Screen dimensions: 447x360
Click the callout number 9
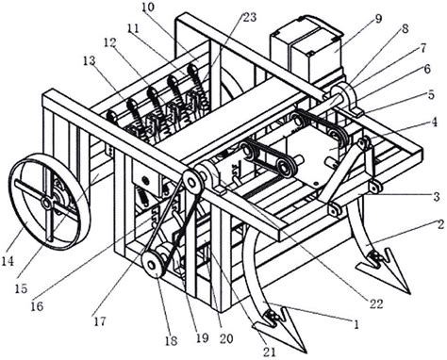[x=378, y=19]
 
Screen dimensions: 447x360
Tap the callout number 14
[x=8, y=261]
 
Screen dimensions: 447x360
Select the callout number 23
[x=249, y=17]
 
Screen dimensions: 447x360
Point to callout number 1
[x=356, y=324]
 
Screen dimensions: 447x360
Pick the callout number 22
[x=376, y=303]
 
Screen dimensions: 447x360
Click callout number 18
[x=172, y=341]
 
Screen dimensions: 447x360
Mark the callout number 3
[x=437, y=197]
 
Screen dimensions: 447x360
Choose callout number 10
[x=146, y=8]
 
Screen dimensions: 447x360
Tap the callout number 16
[x=38, y=306]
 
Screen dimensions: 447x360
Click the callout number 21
[x=270, y=352]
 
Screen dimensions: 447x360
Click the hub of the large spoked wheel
[x=47, y=204]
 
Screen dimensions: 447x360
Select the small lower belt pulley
[x=152, y=266]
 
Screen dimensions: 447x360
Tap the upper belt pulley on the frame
[x=192, y=181]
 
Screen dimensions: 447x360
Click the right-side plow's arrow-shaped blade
[x=385, y=270]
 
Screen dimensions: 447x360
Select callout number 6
[x=426, y=69]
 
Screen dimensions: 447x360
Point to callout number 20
[x=226, y=338]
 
